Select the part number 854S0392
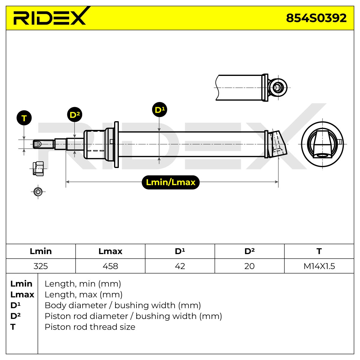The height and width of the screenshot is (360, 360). tap(316, 18)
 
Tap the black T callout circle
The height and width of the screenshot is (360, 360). tap(24, 118)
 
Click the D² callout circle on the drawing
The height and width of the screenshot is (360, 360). tap(74, 115)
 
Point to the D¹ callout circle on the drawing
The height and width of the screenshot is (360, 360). tap(160, 109)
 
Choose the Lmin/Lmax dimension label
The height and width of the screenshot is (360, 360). tap(171, 182)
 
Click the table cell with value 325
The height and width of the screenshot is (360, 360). tap(41, 266)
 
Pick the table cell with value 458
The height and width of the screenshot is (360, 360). tap(110, 266)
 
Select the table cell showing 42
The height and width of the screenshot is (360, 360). tap(180, 266)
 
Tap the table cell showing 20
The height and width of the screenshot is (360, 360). tap(249, 266)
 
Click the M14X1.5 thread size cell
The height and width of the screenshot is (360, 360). tap(319, 266)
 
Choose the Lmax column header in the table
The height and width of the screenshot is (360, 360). tap(110, 251)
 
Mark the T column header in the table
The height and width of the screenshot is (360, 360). tap(319, 251)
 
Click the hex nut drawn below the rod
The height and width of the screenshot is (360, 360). tap(38, 169)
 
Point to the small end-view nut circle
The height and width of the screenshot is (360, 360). tap(38, 192)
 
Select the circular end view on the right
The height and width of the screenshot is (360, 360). tap(322, 144)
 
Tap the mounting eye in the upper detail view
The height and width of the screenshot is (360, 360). tap(277, 88)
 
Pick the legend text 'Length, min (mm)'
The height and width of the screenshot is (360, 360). tap(83, 284)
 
